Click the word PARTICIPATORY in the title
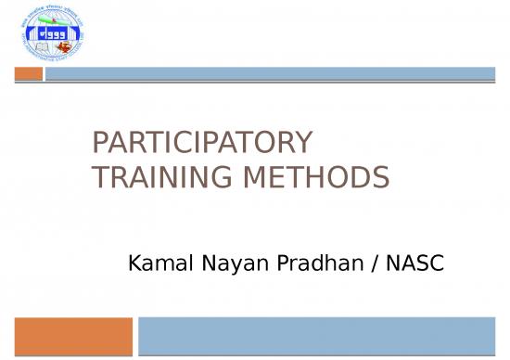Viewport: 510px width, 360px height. click(203, 143)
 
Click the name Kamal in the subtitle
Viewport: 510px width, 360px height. click(154, 265)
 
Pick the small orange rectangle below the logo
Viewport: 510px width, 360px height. click(30, 73)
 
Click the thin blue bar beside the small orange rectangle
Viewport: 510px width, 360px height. click(270, 73)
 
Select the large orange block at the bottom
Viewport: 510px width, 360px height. click(73, 335)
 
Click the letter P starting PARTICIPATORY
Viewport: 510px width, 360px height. click(101, 143)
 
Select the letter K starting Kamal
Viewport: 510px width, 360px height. click(133, 265)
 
